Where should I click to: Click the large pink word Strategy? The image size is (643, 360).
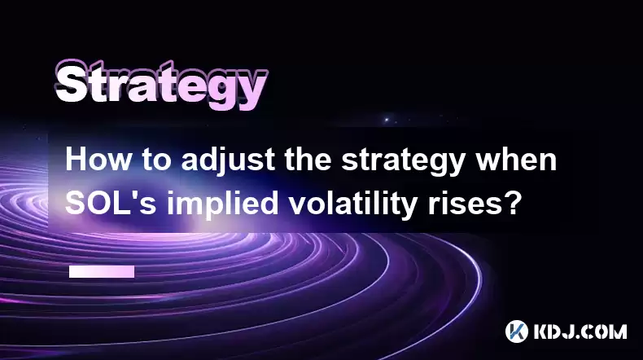pyautogui.click(x=162, y=85)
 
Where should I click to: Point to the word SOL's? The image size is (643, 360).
pyautogui.click(x=111, y=203)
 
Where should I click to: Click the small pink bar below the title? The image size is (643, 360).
pyautogui.click(x=102, y=271)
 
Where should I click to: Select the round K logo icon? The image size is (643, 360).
pyautogui.click(x=516, y=331)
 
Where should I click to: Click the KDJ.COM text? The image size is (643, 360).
pyautogui.click(x=580, y=331)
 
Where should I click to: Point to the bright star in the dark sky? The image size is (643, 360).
pyautogui.click(x=386, y=120)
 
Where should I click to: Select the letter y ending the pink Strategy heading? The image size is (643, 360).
pyautogui.click(x=251, y=91)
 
